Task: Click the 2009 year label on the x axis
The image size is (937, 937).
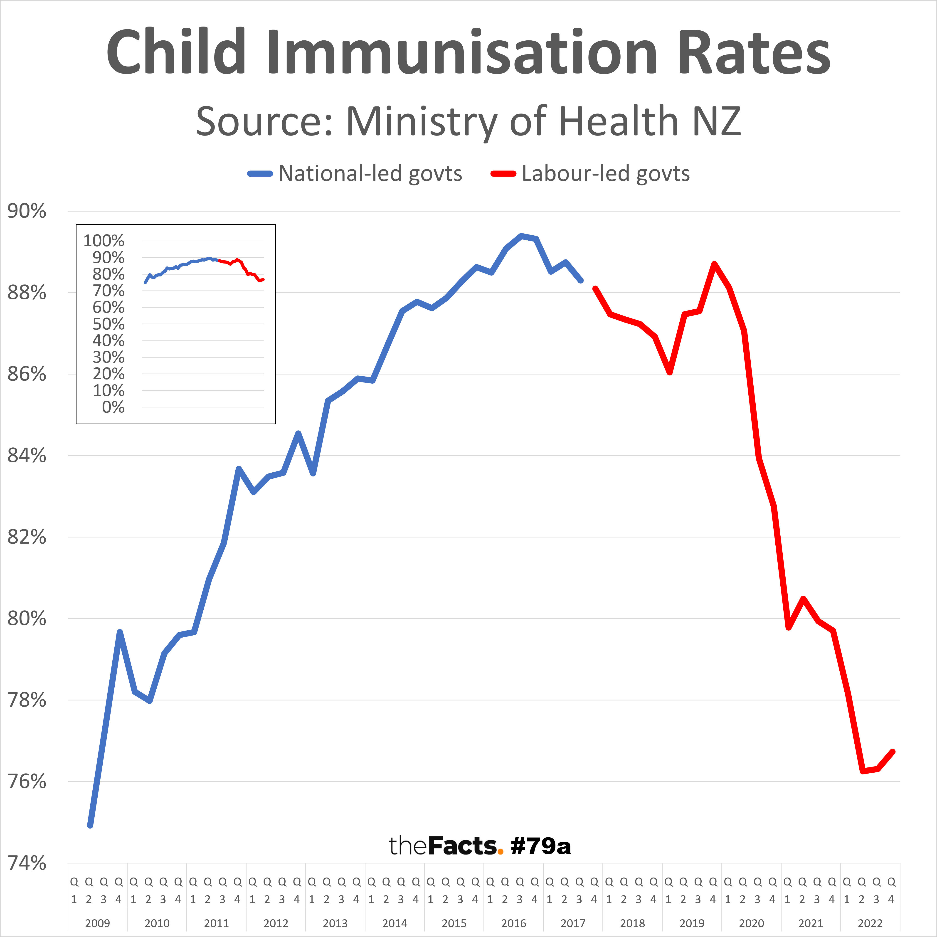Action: (97, 923)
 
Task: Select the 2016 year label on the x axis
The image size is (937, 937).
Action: (514, 923)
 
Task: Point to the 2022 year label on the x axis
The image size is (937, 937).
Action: (870, 923)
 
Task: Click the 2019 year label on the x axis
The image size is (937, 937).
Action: (692, 923)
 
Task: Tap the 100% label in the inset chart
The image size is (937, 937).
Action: (104, 241)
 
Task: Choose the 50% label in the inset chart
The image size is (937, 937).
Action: (109, 324)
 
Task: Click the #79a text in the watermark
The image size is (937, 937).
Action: (541, 846)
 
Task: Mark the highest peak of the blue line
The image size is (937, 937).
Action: (521, 236)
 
